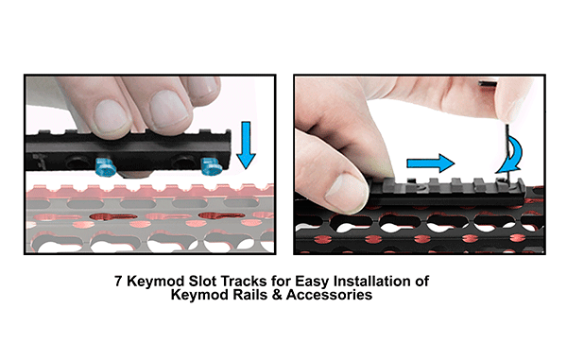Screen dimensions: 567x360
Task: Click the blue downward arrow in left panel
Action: (246, 145)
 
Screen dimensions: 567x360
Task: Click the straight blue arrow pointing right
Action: (430, 163)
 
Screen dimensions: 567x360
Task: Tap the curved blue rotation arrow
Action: (511, 155)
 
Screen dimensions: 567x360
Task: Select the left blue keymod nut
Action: (105, 166)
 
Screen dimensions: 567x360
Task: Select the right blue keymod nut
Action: (211, 166)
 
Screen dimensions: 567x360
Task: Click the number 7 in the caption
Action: (118, 282)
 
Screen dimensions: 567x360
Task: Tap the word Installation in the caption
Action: (374, 282)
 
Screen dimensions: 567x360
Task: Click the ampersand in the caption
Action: (277, 295)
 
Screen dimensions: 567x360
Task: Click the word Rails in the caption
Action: (250, 295)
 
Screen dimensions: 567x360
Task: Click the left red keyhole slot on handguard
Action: (113, 217)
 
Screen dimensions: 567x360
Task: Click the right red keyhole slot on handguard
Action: (221, 215)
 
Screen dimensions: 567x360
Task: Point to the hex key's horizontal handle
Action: (488, 83)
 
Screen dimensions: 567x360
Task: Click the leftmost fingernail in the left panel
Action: (112, 116)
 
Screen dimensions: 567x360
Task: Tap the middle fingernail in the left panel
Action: (169, 108)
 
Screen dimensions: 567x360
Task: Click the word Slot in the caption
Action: (202, 282)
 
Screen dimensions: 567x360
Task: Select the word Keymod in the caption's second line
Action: (200, 296)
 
